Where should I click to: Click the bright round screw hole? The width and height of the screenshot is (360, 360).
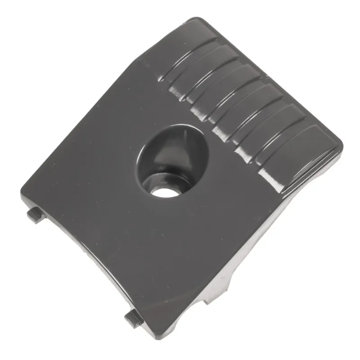163,190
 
